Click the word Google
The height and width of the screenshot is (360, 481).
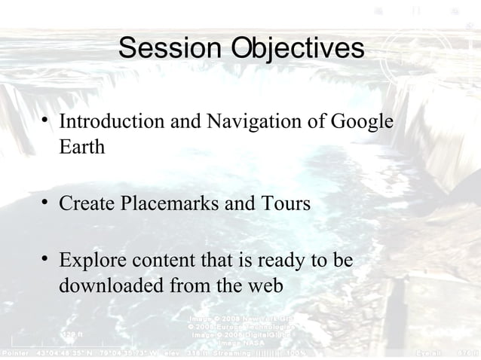click(364, 121)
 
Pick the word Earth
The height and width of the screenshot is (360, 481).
click(81, 147)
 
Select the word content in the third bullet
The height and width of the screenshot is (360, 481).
click(163, 261)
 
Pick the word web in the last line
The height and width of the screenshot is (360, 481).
click(265, 287)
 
